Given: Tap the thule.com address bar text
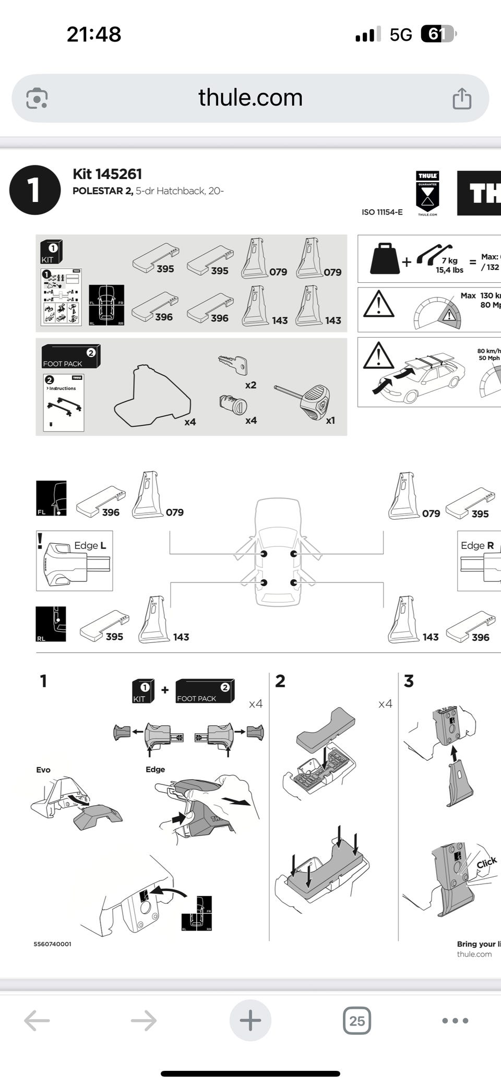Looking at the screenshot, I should click(x=250, y=98).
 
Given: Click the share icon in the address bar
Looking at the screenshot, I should click(x=462, y=98).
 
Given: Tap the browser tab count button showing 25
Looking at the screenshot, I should click(x=357, y=1020).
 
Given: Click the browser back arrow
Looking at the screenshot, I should click(x=37, y=1020).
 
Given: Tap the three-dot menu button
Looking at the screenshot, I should click(x=455, y=1020).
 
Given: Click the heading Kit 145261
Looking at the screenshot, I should click(x=107, y=174).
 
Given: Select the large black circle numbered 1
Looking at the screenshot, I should click(x=34, y=189).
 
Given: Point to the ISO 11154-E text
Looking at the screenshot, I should click(x=382, y=212).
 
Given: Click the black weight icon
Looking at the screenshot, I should click(x=385, y=258).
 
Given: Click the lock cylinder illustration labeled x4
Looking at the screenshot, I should click(x=233, y=404).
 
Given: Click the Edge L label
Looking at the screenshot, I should click(x=90, y=545).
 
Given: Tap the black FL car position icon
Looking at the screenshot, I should click(x=51, y=498).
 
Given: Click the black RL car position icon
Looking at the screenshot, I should click(x=51, y=624).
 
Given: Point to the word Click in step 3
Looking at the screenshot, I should click(x=486, y=863).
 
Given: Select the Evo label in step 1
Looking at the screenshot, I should click(x=43, y=770).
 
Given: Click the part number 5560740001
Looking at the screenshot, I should click(x=52, y=944).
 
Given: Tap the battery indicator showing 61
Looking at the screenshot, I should click(x=437, y=34).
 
